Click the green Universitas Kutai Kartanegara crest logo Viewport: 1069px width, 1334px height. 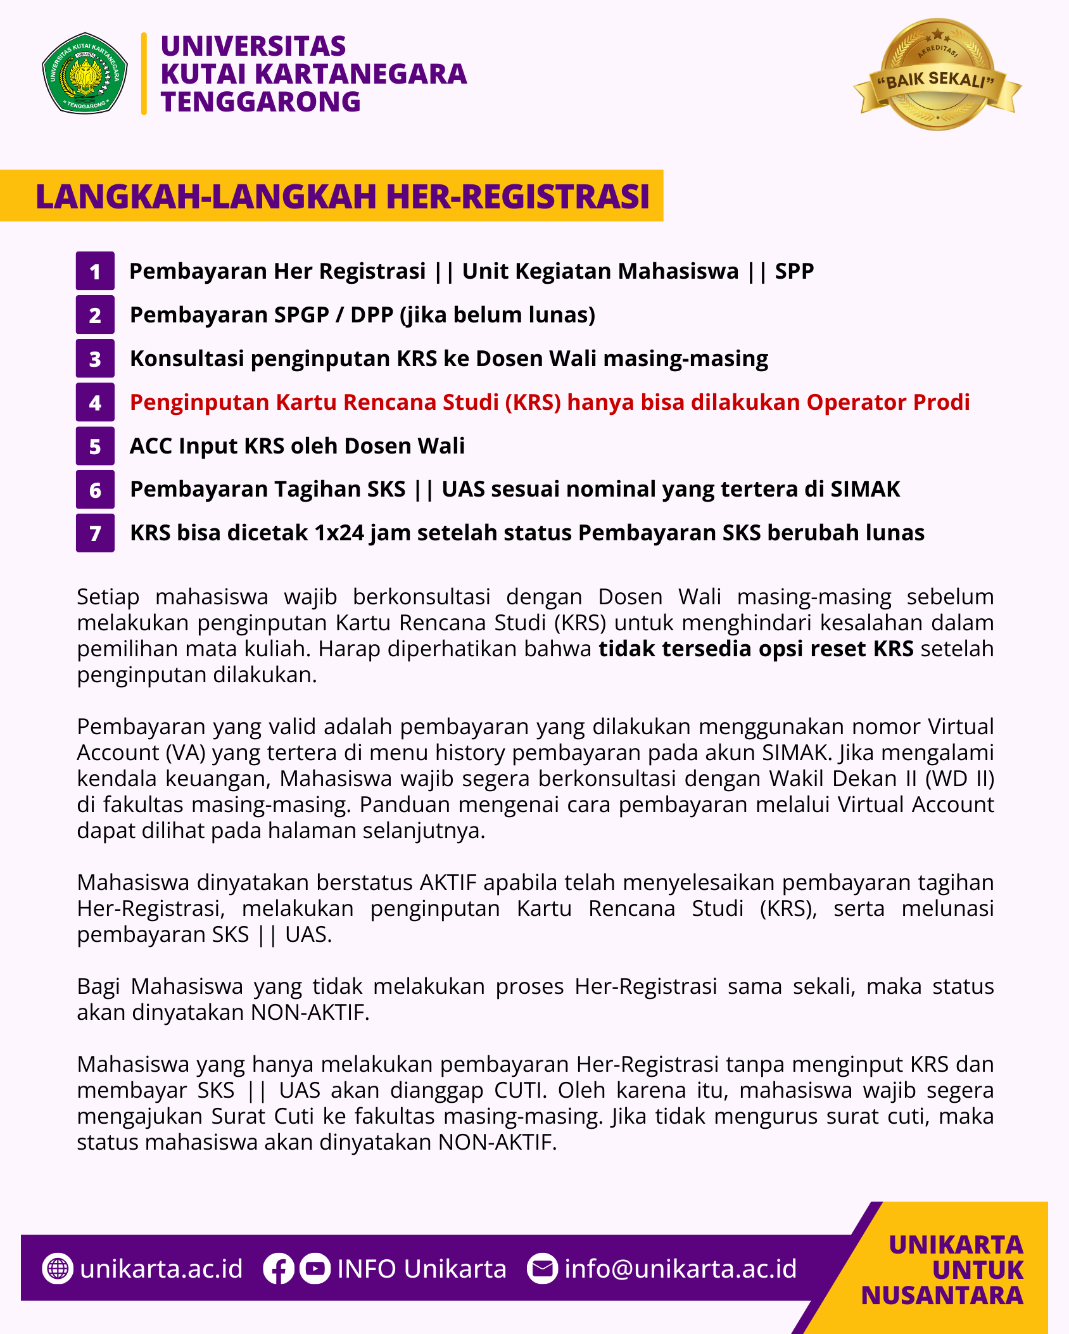pyautogui.click(x=85, y=73)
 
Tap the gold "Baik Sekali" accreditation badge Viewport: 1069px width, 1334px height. pyautogui.click(x=937, y=75)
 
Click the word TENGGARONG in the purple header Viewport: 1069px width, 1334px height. pyautogui.click(x=260, y=102)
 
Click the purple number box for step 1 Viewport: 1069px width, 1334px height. pyautogui.click(x=95, y=271)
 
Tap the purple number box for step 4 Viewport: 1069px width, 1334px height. pyautogui.click(x=95, y=402)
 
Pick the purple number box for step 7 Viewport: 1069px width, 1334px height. pyautogui.click(x=95, y=533)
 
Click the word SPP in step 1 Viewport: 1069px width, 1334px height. pyautogui.click(x=794, y=271)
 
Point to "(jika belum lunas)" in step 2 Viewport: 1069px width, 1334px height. pyautogui.click(x=498, y=315)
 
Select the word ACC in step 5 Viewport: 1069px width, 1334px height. pyautogui.click(x=151, y=446)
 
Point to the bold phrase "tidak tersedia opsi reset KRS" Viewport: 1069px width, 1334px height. pyautogui.click(x=756, y=649)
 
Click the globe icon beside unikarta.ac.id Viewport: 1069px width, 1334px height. pyautogui.click(x=58, y=1269)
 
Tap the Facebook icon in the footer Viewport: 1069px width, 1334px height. pyautogui.click(x=278, y=1269)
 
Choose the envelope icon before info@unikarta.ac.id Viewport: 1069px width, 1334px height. pyautogui.click(x=542, y=1269)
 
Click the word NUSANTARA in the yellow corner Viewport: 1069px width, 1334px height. pyautogui.click(x=942, y=1295)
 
